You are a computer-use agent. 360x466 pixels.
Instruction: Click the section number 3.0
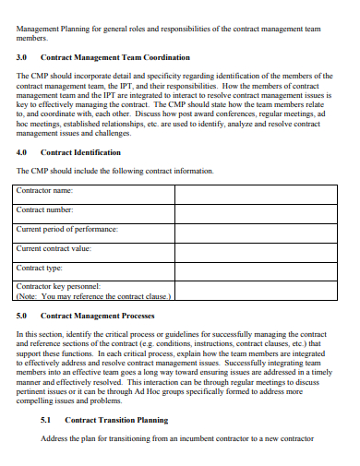(x=23, y=57)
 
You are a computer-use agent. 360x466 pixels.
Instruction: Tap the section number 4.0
(x=23, y=152)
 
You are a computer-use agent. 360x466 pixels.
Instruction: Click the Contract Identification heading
(x=81, y=152)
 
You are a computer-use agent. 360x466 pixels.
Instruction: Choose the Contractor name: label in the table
(x=45, y=190)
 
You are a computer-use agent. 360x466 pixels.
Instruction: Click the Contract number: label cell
(x=44, y=209)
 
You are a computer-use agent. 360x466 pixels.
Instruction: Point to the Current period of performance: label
(x=67, y=229)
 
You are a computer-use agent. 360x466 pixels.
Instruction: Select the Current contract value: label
(x=54, y=248)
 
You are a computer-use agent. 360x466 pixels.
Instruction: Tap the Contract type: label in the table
(x=40, y=268)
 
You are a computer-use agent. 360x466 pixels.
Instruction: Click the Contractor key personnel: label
(x=58, y=287)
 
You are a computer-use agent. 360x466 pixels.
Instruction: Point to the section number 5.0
(x=23, y=316)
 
